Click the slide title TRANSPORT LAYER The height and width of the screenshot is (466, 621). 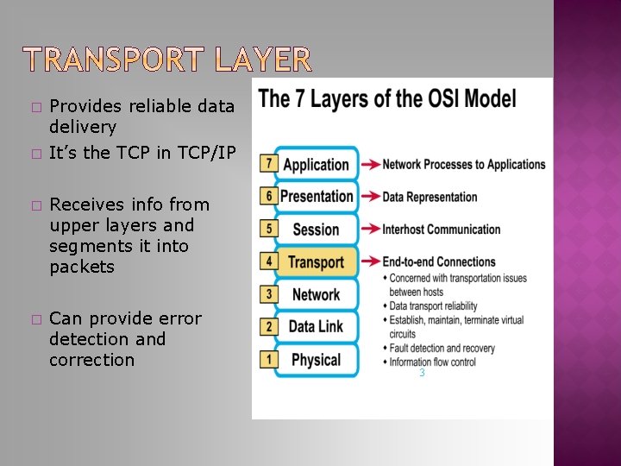pos(166,60)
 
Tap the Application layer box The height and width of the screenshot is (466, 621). pos(316,164)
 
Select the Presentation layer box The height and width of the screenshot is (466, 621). pos(316,197)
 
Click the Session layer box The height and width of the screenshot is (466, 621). pos(316,230)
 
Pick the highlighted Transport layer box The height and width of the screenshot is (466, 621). pos(316,262)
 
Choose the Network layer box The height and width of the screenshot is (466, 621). pos(316,294)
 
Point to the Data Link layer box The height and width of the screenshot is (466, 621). pos(316,327)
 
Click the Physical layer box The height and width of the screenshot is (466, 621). pos(316,360)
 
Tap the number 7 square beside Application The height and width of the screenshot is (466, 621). pos(268,163)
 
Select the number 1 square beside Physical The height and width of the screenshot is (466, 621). pos(268,359)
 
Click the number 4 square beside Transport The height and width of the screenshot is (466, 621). pos(268,261)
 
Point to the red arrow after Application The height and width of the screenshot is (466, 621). pos(369,164)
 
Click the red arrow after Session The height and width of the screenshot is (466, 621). pos(369,230)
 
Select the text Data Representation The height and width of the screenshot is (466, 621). pos(430,197)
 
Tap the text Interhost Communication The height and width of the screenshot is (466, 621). pos(441,230)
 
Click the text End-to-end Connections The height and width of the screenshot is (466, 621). pos(439,261)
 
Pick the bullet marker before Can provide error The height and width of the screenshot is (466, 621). pos(34,319)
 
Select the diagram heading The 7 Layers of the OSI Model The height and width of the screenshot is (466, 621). pos(387,98)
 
